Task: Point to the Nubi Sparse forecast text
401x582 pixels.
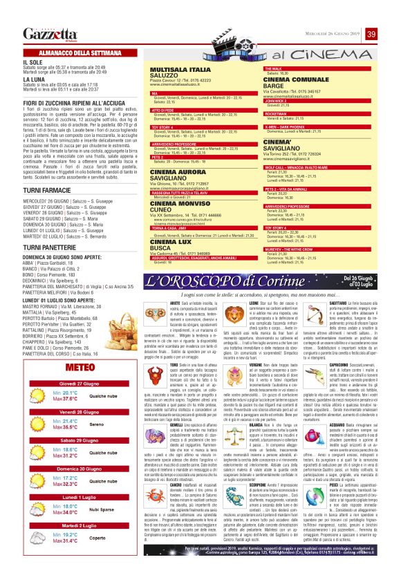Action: point(102,471)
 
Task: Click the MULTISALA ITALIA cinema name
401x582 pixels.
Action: point(180,70)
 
